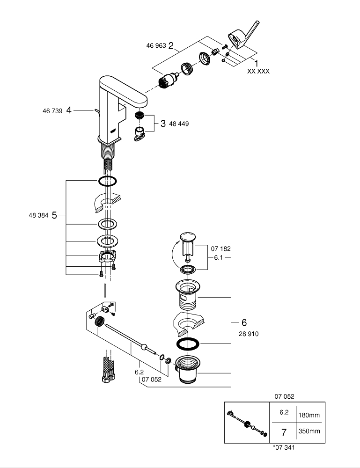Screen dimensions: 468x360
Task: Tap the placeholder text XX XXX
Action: coord(258,72)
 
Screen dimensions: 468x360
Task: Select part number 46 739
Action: coord(52,111)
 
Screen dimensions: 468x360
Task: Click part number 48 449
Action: coord(179,124)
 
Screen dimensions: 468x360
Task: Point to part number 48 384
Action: coord(38,215)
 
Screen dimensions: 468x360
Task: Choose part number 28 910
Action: coord(248,334)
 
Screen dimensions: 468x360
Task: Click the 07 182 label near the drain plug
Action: coord(221,249)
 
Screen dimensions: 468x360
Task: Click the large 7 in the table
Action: coord(283,431)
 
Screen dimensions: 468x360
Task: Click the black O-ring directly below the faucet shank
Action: coord(108,181)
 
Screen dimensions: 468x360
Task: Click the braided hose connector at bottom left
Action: coord(107,370)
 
